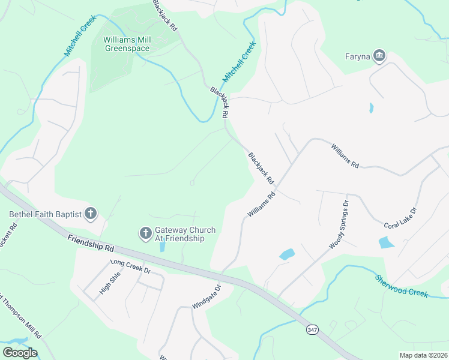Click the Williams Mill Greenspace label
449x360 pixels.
pyautogui.click(x=127, y=44)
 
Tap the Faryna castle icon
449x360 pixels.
pyautogui.click(x=379, y=56)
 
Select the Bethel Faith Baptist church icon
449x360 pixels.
pyautogui.click(x=90, y=214)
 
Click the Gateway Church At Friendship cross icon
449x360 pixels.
pyautogui.click(x=145, y=233)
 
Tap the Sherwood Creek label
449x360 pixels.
pyautogui.click(x=402, y=286)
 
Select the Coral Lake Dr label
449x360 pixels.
pyautogui.click(x=400, y=216)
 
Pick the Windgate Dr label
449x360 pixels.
pyautogui.click(x=206, y=297)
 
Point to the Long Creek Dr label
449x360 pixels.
pyautogui.click(x=130, y=266)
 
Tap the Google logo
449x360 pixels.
pyautogui.click(x=20, y=353)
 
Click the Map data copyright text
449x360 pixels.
pyautogui.click(x=423, y=355)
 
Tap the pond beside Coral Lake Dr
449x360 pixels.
pyautogui.click(x=386, y=242)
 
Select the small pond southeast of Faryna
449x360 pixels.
pyautogui.click(x=371, y=108)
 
